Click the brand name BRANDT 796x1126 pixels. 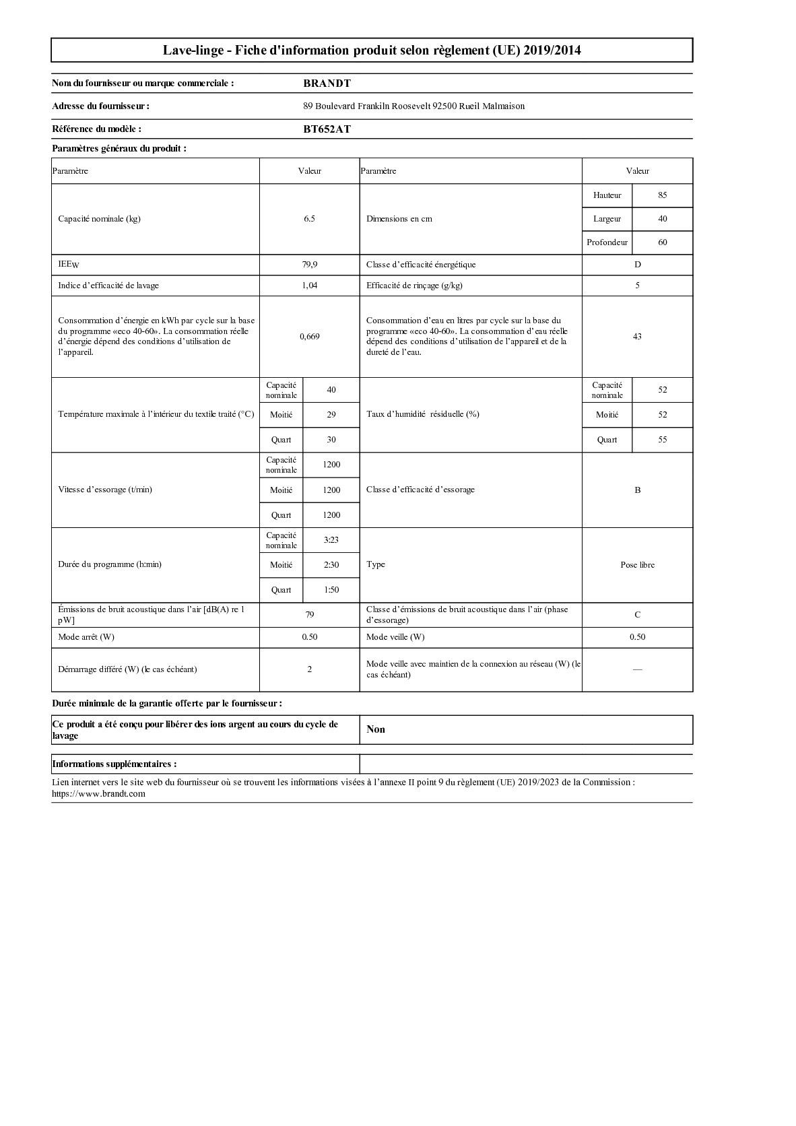(327, 84)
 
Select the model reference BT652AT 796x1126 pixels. (327, 129)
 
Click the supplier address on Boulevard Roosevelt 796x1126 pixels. (413, 106)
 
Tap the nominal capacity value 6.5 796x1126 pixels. (309, 219)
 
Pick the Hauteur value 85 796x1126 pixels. (662, 195)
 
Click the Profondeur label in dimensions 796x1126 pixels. (607, 242)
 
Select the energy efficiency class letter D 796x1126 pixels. (637, 265)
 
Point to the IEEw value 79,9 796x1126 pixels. (309, 265)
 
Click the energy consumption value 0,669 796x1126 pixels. (309, 336)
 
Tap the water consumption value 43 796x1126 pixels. (637, 336)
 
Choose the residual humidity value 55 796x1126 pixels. (662, 440)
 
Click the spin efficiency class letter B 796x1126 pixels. (637, 490)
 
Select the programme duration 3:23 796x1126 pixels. (331, 540)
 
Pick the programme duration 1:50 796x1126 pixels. (331, 590)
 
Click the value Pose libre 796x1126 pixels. (637, 565)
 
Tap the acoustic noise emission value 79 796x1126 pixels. (309, 615)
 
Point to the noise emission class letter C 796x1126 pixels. (637, 615)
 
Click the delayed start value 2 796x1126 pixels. (309, 669)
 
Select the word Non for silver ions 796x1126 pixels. (376, 729)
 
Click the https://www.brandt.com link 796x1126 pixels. (98, 794)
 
